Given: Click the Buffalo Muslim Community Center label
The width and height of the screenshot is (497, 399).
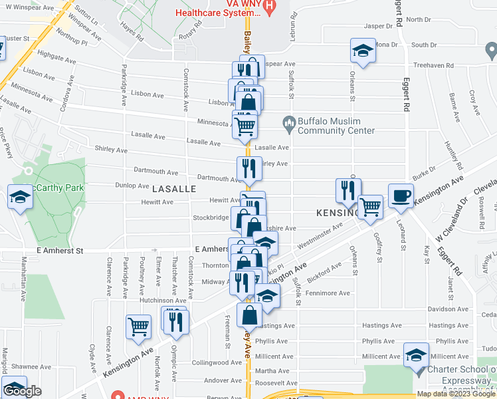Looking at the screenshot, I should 336,126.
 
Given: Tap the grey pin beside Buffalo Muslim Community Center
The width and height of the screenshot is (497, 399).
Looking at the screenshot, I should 289,122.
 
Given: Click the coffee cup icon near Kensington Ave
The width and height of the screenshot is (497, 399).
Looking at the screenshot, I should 401,196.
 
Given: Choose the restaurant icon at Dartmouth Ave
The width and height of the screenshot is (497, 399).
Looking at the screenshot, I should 249,168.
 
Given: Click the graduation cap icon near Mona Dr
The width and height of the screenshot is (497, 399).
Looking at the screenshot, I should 363,51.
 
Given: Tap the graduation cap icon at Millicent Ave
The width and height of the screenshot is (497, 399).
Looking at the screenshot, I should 417,356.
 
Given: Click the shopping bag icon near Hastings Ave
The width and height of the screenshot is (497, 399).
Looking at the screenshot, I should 249,314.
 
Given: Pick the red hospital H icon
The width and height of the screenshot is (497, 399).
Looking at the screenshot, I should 269,7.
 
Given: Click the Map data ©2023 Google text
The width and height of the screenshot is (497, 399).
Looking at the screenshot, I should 456,394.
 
